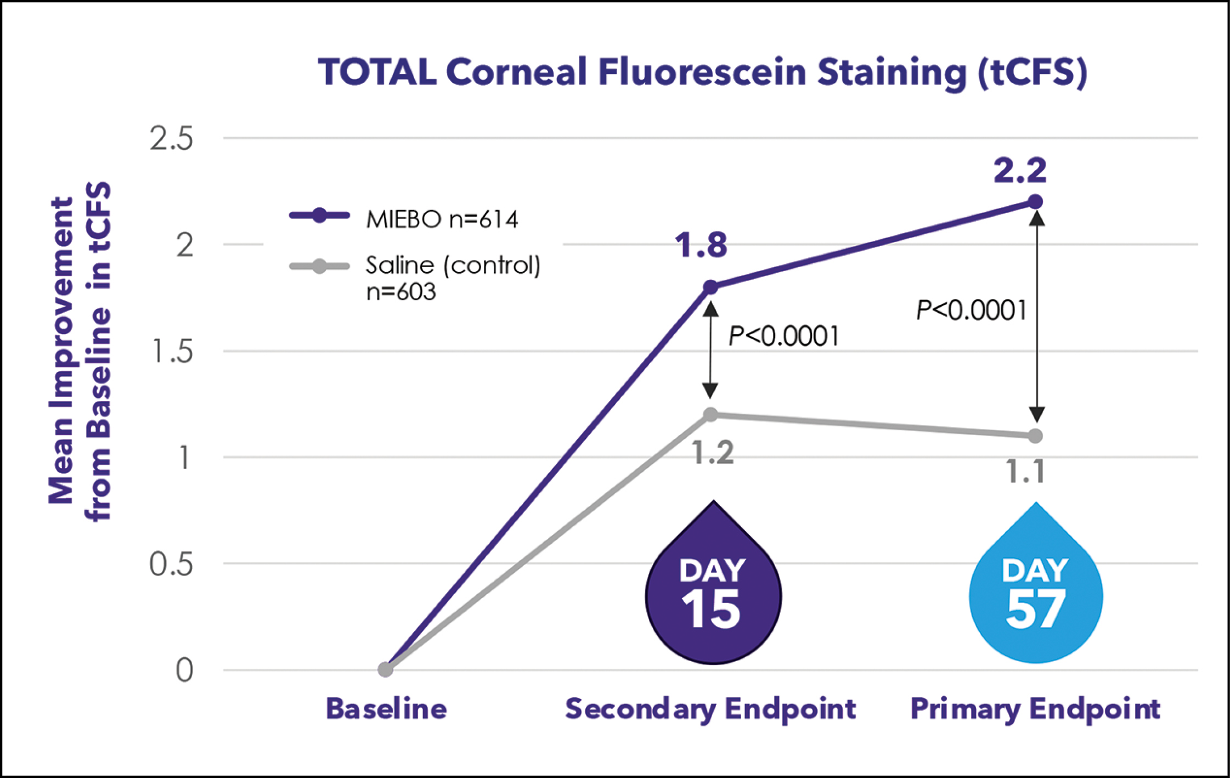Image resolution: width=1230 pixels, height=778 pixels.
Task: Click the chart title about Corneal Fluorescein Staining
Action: [x=702, y=73]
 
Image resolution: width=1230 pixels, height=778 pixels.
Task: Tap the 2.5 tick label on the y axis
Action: [x=172, y=139]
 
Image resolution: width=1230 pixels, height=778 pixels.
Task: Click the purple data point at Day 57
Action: [x=1035, y=202]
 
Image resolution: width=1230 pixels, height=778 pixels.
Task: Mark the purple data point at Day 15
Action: [x=710, y=287]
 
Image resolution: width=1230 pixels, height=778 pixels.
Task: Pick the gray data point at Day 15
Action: [x=710, y=414]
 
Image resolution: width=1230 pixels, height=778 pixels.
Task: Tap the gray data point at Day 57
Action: [x=1035, y=436]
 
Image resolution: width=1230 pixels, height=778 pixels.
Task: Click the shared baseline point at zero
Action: [x=385, y=669]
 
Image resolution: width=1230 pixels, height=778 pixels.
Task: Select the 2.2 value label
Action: [x=1020, y=171]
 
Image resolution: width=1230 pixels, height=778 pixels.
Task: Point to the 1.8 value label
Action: [x=701, y=245]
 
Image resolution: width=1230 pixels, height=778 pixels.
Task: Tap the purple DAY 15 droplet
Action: [x=713, y=595]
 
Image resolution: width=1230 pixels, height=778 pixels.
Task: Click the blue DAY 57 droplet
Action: [x=1035, y=595]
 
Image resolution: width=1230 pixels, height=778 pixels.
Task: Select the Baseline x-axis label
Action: [x=386, y=708]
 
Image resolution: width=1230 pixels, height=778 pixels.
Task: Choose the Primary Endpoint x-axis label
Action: [x=1035, y=709]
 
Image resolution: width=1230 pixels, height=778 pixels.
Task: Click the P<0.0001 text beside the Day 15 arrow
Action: [x=783, y=336]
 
